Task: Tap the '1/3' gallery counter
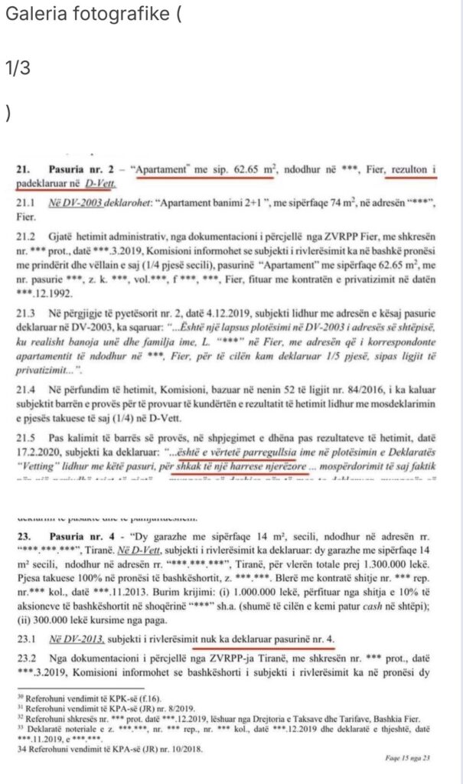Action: click(x=17, y=67)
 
